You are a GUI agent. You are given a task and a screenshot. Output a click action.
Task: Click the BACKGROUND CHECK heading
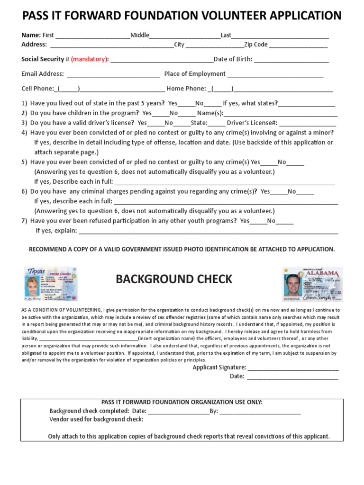(174, 279)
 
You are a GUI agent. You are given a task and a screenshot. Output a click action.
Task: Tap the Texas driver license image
(51, 284)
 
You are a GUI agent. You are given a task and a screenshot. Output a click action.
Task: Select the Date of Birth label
(233, 59)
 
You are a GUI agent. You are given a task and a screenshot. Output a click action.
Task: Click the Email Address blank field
(113, 74)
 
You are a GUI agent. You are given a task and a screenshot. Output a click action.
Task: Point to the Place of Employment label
(195, 74)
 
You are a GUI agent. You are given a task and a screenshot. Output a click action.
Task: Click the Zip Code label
(256, 45)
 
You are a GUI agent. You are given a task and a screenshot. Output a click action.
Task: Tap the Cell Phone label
(37, 89)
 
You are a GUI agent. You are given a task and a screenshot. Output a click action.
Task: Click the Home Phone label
(186, 89)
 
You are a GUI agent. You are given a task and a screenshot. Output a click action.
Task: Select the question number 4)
(24, 133)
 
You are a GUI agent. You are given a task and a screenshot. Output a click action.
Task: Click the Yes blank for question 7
(257, 221)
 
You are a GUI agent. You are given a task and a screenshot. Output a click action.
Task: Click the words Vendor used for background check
(96, 419)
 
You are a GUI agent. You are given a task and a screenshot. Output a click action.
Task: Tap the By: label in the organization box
(213, 411)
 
